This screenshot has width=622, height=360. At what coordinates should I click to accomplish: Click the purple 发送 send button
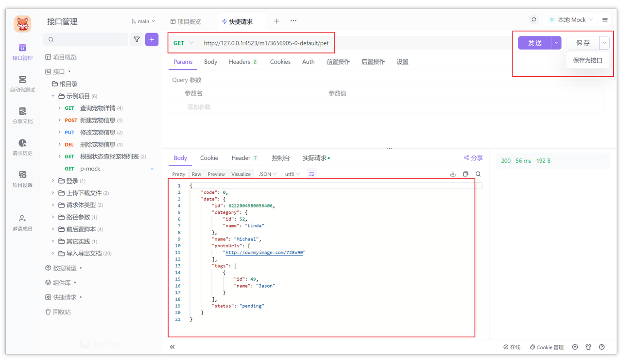click(x=535, y=43)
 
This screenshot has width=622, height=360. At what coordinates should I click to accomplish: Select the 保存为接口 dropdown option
click(x=587, y=60)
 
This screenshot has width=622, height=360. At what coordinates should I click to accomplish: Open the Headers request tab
click(x=242, y=62)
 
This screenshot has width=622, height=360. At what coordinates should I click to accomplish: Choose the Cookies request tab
click(x=280, y=62)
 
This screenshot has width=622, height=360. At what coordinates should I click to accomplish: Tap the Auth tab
click(x=308, y=62)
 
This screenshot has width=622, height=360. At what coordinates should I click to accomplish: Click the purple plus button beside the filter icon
click(x=152, y=40)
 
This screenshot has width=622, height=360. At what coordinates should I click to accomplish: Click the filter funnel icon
click(x=137, y=40)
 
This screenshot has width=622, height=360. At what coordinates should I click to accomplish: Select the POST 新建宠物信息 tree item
click(x=94, y=120)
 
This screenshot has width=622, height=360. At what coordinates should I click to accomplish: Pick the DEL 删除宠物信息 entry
click(x=94, y=145)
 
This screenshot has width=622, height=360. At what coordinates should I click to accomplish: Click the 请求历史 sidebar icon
click(x=22, y=147)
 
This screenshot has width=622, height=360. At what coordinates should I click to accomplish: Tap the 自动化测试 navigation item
click(x=22, y=84)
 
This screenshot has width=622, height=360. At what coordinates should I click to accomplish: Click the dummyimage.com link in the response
click(x=264, y=252)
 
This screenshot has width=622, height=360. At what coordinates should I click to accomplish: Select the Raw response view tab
click(x=196, y=174)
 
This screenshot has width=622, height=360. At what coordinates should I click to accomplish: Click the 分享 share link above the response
click(x=473, y=158)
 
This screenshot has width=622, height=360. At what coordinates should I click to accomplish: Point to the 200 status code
click(x=506, y=161)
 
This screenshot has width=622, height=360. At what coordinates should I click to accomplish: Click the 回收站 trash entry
click(x=58, y=312)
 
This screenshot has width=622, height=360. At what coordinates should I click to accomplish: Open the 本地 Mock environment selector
click(x=570, y=20)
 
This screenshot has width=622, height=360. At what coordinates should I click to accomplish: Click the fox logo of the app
click(x=22, y=24)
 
